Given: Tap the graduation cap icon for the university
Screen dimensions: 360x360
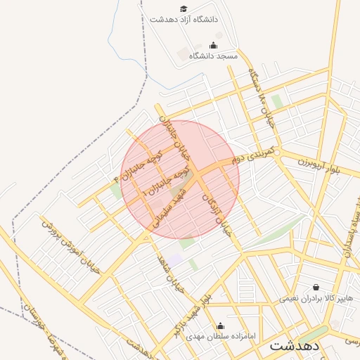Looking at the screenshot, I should click(x=184, y=8).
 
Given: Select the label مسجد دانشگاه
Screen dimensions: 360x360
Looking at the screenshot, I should click(x=213, y=55).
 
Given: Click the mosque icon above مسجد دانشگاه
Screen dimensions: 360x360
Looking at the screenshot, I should click(x=213, y=45).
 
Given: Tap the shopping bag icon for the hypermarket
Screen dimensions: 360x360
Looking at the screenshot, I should click(x=316, y=287).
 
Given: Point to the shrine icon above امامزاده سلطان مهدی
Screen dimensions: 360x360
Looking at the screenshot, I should click(x=220, y=326).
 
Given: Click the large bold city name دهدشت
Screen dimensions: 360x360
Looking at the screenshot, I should click(x=294, y=347).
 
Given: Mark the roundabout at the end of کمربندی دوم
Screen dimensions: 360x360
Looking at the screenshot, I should click(x=278, y=152).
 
